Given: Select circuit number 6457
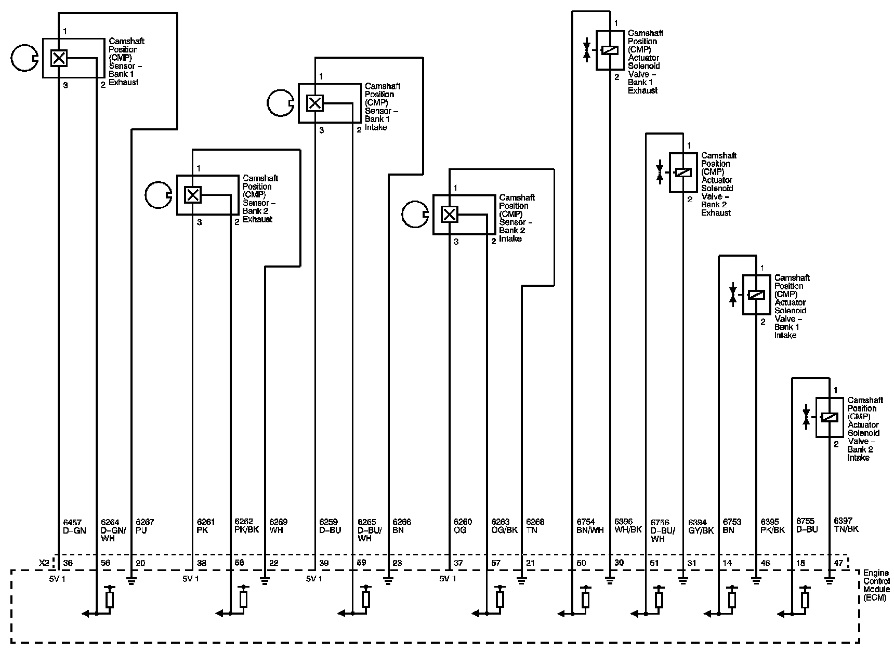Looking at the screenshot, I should [72, 522].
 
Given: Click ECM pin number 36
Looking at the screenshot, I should [68, 563].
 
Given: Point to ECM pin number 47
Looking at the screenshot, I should [838, 563].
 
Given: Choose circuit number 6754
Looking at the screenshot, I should [586, 522].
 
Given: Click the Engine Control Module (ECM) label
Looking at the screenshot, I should [876, 585].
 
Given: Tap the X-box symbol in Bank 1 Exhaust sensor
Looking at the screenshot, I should [59, 58].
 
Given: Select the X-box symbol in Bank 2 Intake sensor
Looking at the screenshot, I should [450, 214].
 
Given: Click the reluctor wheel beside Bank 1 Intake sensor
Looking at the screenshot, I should [280, 103].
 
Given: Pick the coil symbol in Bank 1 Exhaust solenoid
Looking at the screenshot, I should [609, 50].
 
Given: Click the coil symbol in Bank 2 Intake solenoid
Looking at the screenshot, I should [829, 417].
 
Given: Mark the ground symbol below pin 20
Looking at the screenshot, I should [132, 580].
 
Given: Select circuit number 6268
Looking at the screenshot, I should [535, 522].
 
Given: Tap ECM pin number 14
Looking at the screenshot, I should [727, 563].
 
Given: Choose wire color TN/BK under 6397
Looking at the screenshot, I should [846, 529].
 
